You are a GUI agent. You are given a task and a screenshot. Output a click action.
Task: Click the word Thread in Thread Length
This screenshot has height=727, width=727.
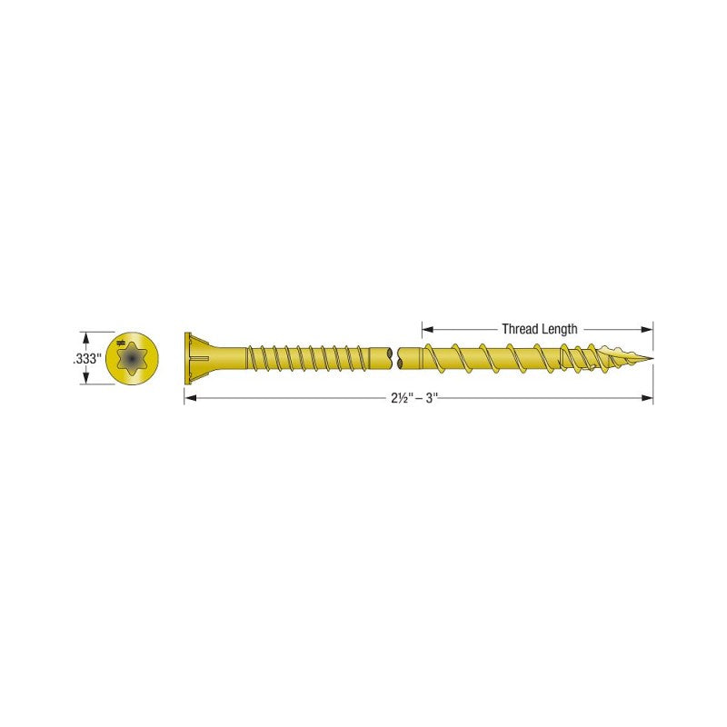coord(519,329)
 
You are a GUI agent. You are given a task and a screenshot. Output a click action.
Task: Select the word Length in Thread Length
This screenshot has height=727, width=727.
coord(559,329)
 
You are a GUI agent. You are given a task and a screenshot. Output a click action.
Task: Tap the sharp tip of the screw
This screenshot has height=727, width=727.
coord(651,358)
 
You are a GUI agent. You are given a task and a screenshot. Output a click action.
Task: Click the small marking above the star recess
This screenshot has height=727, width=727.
coord(122,344)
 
